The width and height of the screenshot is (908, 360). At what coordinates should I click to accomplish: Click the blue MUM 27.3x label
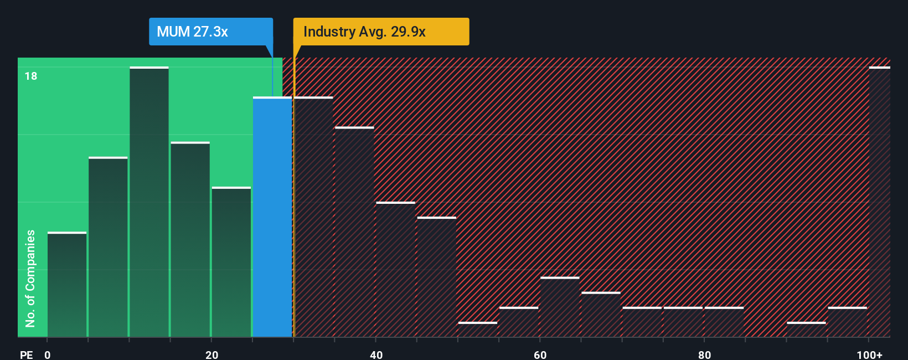pyautogui.click(x=210, y=32)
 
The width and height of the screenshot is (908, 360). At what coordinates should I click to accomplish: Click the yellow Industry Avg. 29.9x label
pyautogui.click(x=380, y=32)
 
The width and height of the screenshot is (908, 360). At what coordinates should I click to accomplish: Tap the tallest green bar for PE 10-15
pyautogui.click(x=149, y=202)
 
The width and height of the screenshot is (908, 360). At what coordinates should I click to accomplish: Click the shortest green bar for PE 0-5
pyautogui.click(x=67, y=285)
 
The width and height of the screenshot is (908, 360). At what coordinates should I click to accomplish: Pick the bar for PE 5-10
pyautogui.click(x=108, y=247)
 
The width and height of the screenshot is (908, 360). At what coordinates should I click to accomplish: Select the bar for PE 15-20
pyautogui.click(x=190, y=240)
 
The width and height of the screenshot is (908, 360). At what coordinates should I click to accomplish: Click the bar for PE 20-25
pyautogui.click(x=231, y=262)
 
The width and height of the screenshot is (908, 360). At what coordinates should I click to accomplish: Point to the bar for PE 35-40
pyautogui.click(x=354, y=232)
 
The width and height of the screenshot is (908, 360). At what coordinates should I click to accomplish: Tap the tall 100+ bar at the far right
pyautogui.click(x=879, y=202)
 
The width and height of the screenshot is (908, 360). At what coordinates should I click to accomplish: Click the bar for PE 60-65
pyautogui.click(x=560, y=307)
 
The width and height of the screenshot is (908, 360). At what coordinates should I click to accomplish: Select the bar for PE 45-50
pyautogui.click(x=437, y=277)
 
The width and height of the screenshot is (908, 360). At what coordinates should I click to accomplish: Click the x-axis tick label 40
pyautogui.click(x=376, y=354)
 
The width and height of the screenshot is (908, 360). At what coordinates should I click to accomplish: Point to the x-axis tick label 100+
pyautogui.click(x=869, y=354)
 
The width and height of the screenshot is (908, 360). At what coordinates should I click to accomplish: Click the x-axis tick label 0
pyautogui.click(x=48, y=354)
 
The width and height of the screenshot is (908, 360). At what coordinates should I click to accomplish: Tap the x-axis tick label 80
pyautogui.click(x=704, y=354)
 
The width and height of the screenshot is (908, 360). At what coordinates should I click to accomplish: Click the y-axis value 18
pyautogui.click(x=31, y=76)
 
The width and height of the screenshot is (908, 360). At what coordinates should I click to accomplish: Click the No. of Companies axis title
pyautogui.click(x=30, y=278)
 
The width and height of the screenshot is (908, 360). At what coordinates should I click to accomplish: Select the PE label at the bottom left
pyautogui.click(x=26, y=354)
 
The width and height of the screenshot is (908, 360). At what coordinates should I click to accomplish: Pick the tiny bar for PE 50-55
pyautogui.click(x=478, y=329)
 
